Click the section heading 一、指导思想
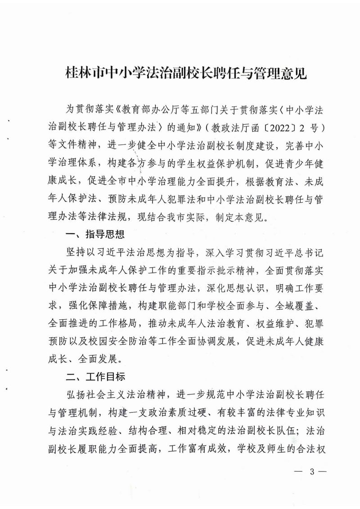pos(94,234)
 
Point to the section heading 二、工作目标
pos(94,375)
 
